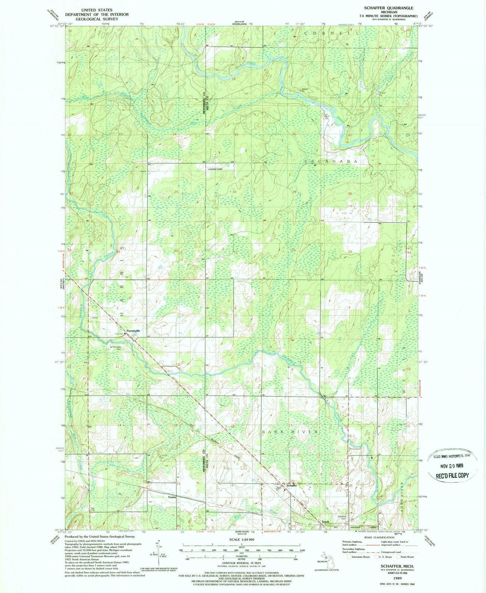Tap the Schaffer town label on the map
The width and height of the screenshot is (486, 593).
[292, 485]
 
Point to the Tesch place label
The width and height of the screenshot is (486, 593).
[325, 522]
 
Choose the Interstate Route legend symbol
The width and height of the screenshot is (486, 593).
[348, 556]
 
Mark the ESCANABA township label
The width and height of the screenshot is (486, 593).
[331, 162]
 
